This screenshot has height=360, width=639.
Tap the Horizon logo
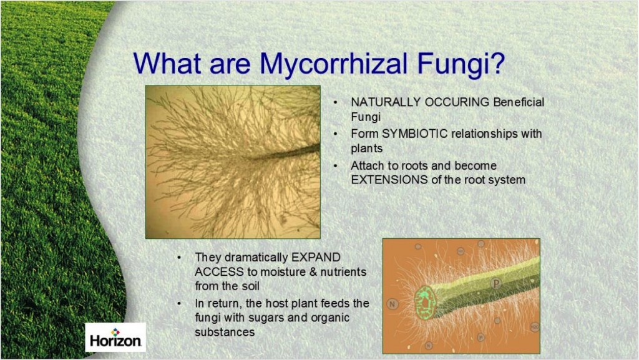click(x=115, y=337)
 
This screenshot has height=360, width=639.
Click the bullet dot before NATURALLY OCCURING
click(x=337, y=102)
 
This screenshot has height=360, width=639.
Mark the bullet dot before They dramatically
click(x=180, y=257)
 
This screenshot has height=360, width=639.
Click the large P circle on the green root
click(x=497, y=284)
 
